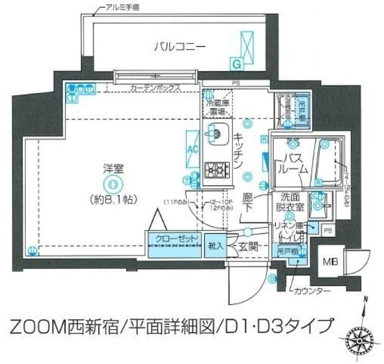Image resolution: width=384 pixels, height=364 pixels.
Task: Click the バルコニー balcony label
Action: coord(179,46)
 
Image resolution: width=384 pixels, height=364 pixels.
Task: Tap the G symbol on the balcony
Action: coord(237,63)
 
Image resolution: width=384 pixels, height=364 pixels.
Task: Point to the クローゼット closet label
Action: coord(174,238)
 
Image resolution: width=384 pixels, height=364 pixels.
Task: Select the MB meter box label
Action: coord(331,262)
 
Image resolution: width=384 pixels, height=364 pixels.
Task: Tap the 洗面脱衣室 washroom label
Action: coord(290,202)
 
